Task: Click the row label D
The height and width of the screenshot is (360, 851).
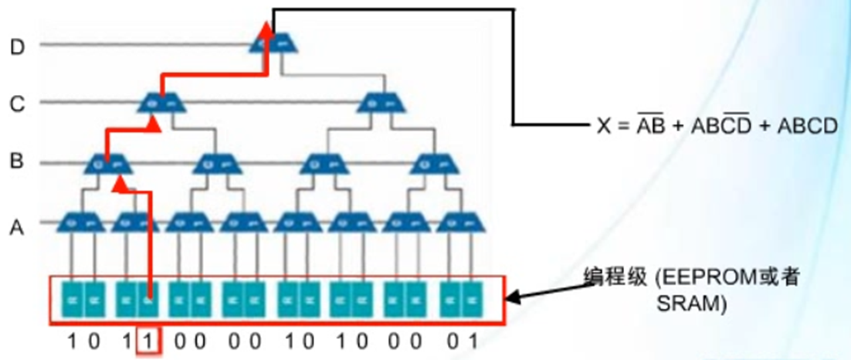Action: (x=17, y=46)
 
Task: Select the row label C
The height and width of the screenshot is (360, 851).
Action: (x=17, y=103)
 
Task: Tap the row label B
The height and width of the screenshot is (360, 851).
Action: (x=17, y=163)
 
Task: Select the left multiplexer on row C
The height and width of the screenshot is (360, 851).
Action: (x=161, y=102)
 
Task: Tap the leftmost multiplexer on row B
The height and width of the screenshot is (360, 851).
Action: (x=107, y=163)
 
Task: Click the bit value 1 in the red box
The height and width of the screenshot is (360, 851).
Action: (x=148, y=340)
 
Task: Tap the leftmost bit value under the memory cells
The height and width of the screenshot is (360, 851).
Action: (x=72, y=340)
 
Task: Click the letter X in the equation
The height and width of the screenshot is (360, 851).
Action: (x=604, y=126)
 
